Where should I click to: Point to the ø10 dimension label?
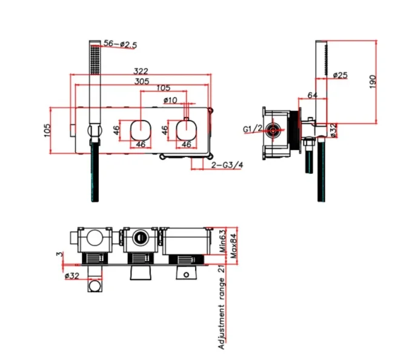pyautogui.click(x=170, y=99)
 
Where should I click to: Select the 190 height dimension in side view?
pyautogui.click(x=373, y=80)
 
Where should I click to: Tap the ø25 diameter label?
pyautogui.click(x=341, y=75)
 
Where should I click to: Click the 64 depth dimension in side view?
pyautogui.click(x=312, y=95)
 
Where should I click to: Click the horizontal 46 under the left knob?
pyautogui.click(x=140, y=144)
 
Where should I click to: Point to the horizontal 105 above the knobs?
pyautogui.click(x=163, y=88)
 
